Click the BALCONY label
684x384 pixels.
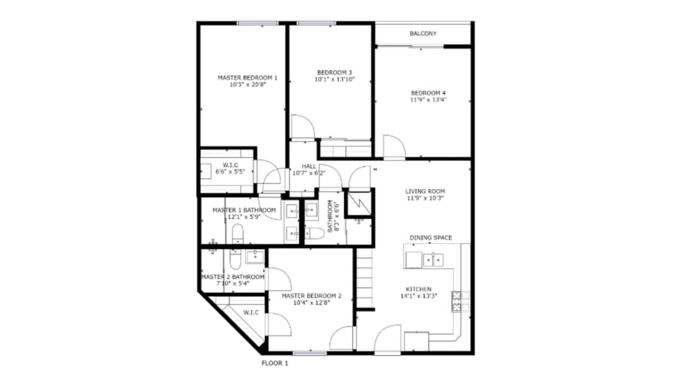(422, 34)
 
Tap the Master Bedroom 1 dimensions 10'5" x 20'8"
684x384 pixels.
(248, 85)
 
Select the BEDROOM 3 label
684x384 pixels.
(334, 72)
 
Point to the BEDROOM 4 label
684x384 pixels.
(428, 93)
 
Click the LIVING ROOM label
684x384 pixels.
(426, 191)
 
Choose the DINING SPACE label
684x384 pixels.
(431, 238)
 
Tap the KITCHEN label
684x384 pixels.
(419, 290)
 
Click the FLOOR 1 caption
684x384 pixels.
(275, 363)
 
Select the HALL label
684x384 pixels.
(309, 166)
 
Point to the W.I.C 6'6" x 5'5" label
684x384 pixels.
(231, 169)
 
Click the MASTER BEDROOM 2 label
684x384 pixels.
(312, 296)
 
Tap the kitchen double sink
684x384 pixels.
(433, 260)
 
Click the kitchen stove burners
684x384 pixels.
(457, 301)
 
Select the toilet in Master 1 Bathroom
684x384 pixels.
(237, 233)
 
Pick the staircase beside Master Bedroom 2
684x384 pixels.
(365, 278)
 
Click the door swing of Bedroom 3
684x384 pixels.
(303, 127)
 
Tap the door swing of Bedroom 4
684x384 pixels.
(395, 146)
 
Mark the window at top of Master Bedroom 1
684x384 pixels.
(258, 23)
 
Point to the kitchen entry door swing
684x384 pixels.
(388, 338)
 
